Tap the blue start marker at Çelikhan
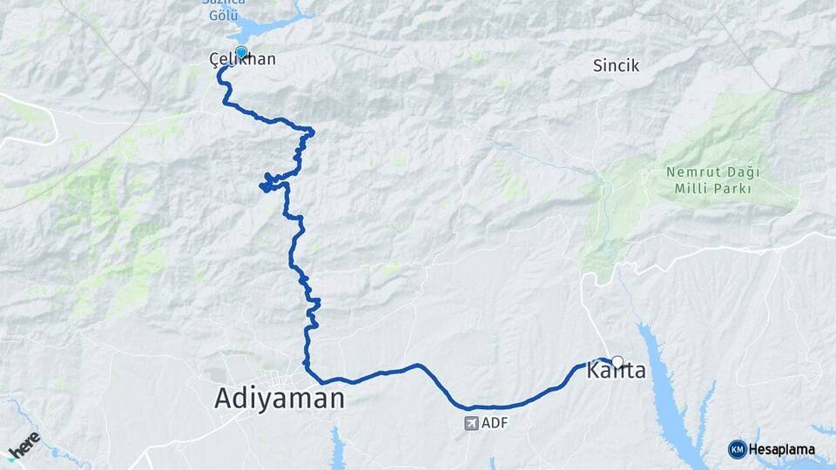[241, 51]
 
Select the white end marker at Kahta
[617, 361]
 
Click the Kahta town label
[617, 372]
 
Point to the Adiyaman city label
[280, 399]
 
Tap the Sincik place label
[616, 65]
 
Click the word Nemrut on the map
[692, 172]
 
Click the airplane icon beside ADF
[471, 424]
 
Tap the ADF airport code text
[494, 424]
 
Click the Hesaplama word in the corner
[782, 450]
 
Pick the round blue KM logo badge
[737, 449]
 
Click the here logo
[24, 445]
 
